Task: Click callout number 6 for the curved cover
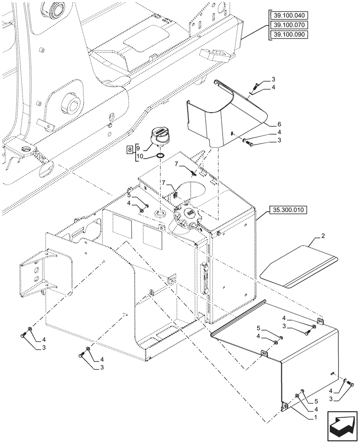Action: (x=279, y=124)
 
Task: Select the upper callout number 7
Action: (x=176, y=165)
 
